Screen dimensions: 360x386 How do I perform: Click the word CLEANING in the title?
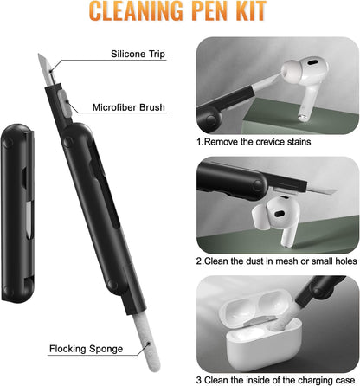[136, 11]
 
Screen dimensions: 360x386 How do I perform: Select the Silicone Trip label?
[138, 54]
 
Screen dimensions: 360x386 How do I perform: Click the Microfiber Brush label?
[129, 107]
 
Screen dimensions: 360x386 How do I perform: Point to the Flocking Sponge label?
[86, 349]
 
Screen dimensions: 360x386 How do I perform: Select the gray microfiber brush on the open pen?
[65, 104]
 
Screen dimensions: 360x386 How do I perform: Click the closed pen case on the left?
[17, 213]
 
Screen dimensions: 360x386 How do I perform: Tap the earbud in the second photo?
[277, 220]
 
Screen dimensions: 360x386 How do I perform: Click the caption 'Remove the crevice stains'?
[254, 142]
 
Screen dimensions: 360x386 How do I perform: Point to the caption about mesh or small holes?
[277, 261]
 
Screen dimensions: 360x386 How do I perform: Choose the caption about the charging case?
[275, 380]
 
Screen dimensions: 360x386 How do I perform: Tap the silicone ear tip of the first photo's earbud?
[292, 72]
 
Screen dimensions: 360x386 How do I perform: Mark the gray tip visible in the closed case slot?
[29, 220]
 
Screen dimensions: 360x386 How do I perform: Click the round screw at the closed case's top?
[8, 143]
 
